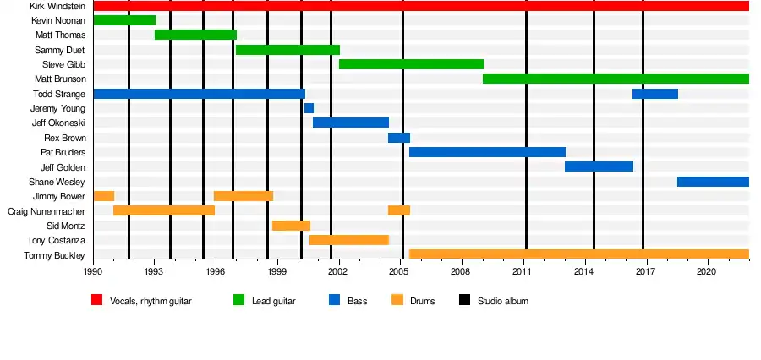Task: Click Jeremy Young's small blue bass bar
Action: tap(309, 108)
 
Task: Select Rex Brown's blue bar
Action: tap(399, 138)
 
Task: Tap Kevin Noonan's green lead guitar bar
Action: tap(124, 20)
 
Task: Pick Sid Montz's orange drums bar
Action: tap(291, 226)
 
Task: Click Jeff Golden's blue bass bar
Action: tap(599, 166)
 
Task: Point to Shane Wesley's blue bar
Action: tap(714, 182)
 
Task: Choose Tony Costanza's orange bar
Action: tap(349, 240)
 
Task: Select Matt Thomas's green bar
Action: tap(195, 35)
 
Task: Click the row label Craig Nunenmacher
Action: tap(47, 211)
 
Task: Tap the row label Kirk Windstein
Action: tap(57, 6)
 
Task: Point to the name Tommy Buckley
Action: tap(54, 256)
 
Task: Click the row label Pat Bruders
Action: tap(63, 152)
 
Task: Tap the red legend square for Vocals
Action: tap(96, 300)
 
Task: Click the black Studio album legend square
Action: tap(464, 300)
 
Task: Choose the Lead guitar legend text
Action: tap(274, 302)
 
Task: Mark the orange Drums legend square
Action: tap(397, 300)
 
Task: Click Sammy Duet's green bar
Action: tap(287, 50)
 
